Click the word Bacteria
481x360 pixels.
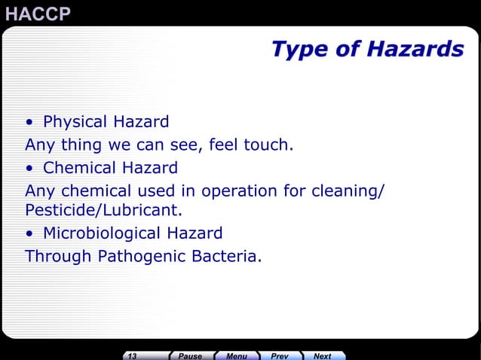pyautogui.click(x=224, y=256)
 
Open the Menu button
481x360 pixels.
pyautogui.click(x=237, y=355)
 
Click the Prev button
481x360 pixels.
pyautogui.click(x=280, y=355)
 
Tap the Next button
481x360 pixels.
pyautogui.click(x=323, y=355)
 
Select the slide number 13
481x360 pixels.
pyautogui.click(x=133, y=355)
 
